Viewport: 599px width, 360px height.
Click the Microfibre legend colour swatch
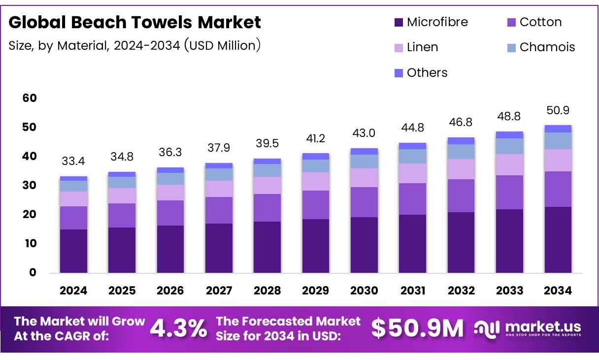[398, 23]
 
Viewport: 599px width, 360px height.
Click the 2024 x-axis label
[73, 291]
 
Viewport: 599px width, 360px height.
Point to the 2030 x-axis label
[364, 291]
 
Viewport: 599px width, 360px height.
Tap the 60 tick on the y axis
[30, 98]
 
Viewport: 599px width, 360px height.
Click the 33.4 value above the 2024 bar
[73, 161]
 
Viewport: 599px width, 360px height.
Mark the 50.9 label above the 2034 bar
[558, 110]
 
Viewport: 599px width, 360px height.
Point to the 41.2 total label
[316, 138]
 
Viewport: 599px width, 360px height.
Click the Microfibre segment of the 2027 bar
[219, 248]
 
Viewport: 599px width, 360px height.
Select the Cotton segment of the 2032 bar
[461, 196]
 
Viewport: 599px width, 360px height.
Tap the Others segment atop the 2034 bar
[558, 129]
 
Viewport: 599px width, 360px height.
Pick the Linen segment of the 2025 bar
[122, 196]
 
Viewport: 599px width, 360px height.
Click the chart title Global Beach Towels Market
[135, 22]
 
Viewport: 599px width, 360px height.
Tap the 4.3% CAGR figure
[178, 328]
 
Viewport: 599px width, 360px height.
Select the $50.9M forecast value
[417, 328]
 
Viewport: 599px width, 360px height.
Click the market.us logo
[528, 328]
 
